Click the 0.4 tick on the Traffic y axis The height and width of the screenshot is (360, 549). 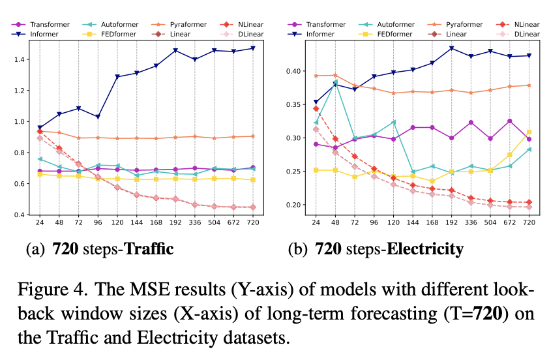click(x=22, y=215)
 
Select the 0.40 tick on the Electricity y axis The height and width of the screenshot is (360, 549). click(x=295, y=71)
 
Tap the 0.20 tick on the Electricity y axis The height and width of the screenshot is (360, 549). click(x=295, y=205)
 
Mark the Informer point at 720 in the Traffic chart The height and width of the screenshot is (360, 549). click(x=252, y=48)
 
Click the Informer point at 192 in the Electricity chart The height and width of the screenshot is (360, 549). click(x=451, y=48)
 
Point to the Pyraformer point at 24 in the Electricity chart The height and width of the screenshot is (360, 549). click(x=316, y=76)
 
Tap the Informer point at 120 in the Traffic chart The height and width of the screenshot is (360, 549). click(x=118, y=77)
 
